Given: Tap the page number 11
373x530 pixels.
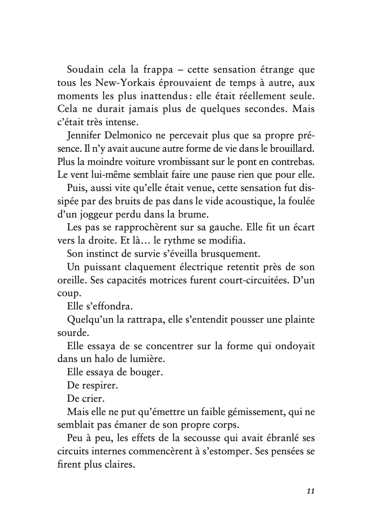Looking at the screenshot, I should tap(311, 491).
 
